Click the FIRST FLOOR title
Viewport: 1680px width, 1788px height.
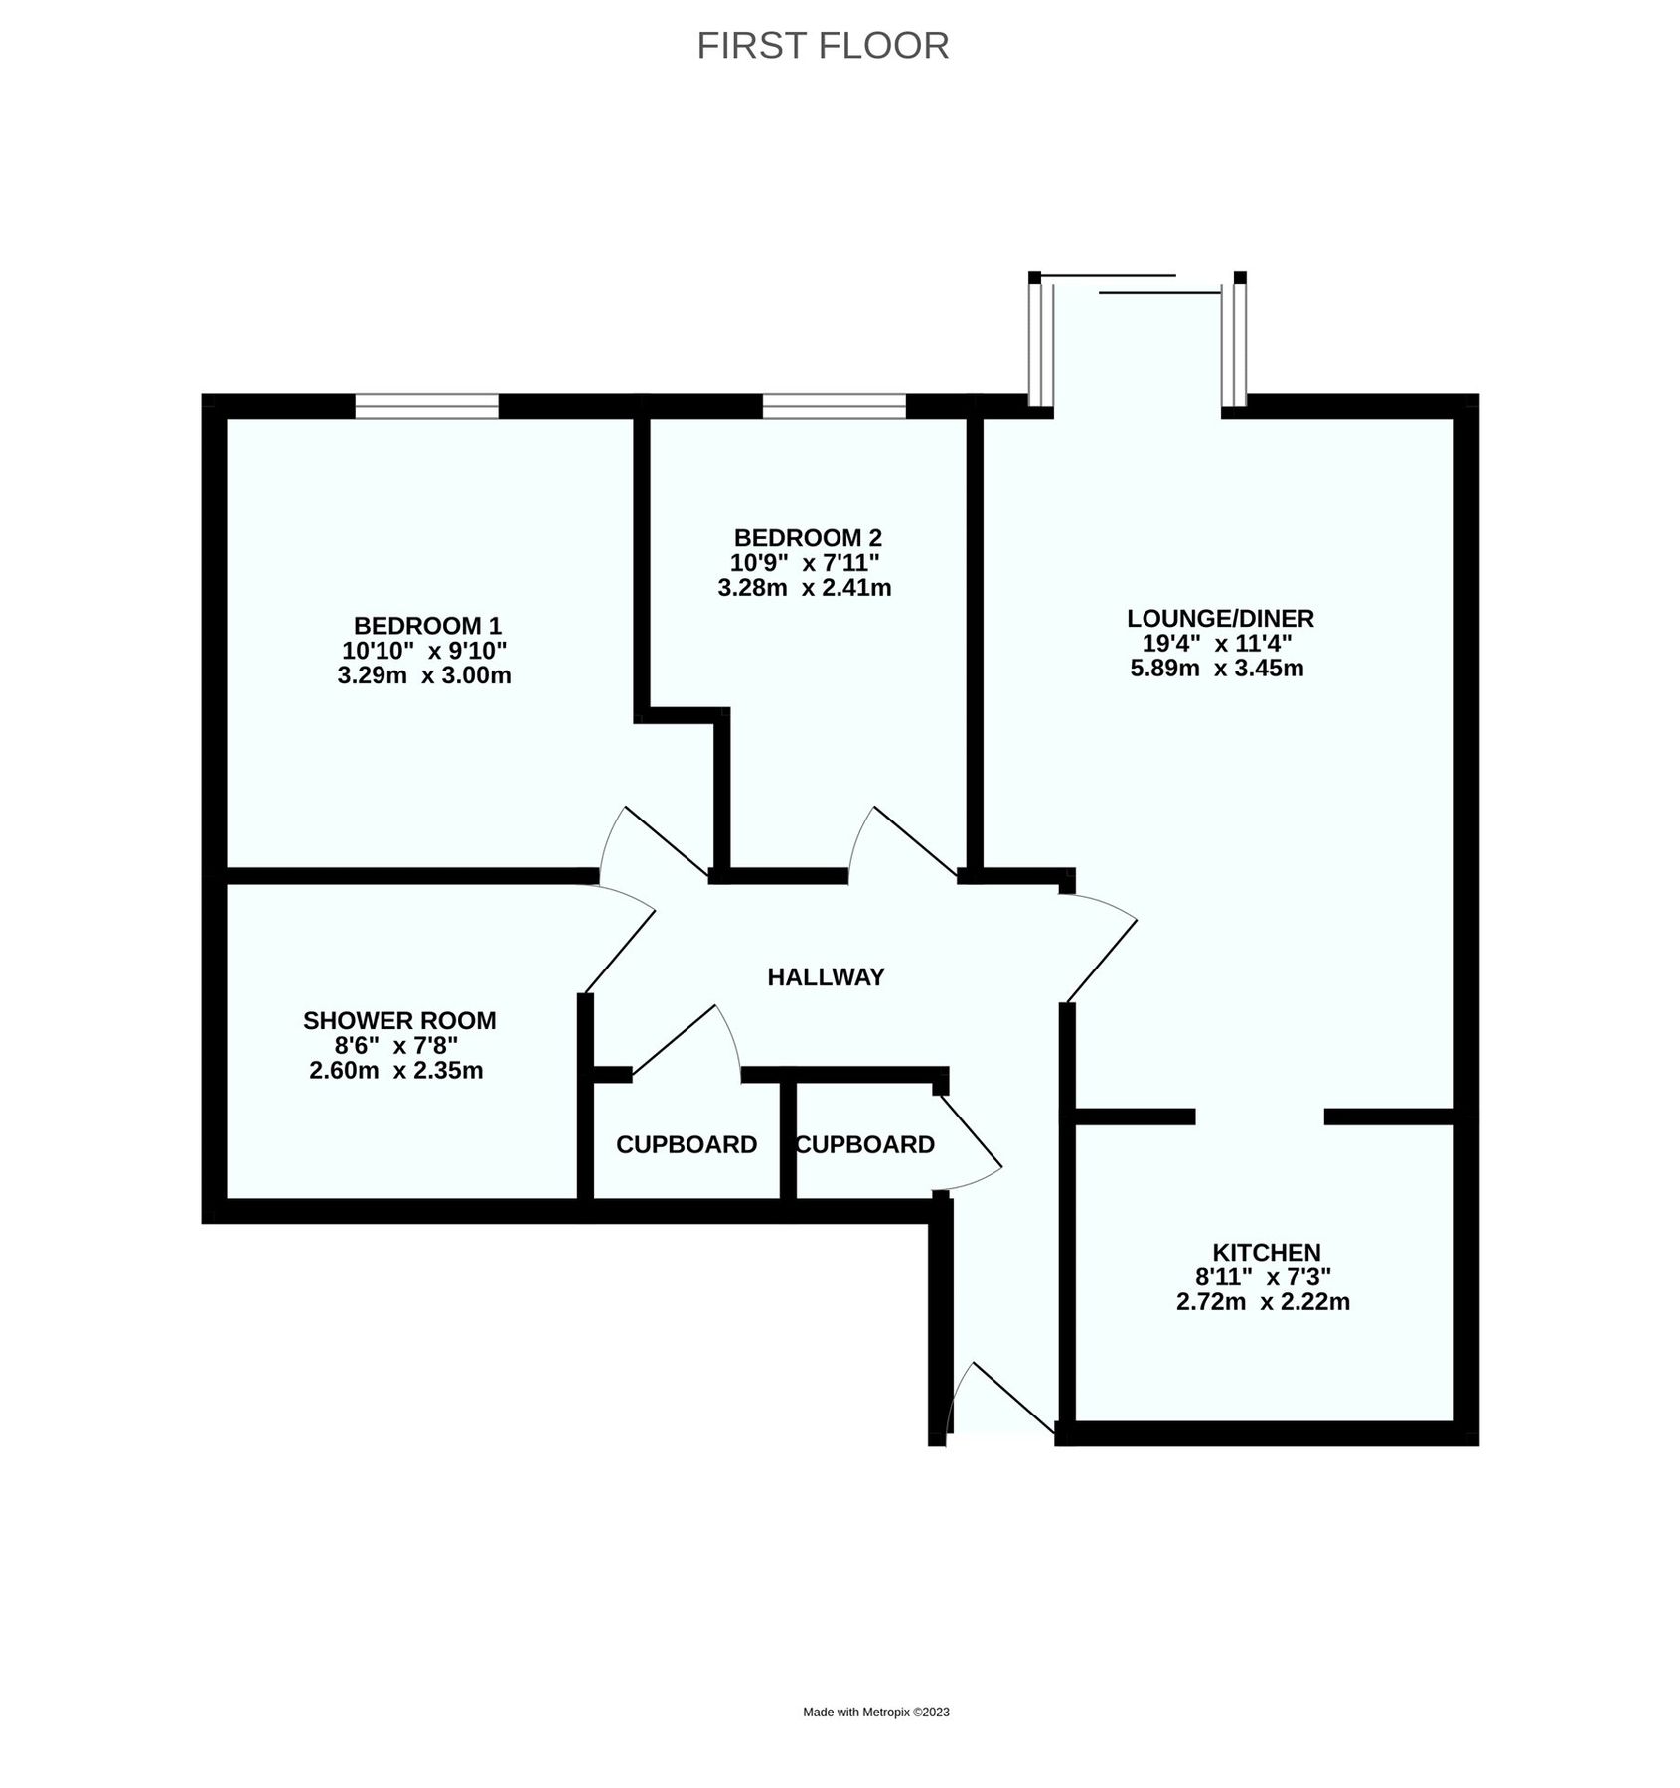pos(823,46)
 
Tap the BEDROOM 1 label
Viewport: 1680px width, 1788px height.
pos(427,626)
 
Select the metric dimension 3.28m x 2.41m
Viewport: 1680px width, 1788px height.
pos(804,588)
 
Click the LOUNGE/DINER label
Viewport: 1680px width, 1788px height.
pos(1220,618)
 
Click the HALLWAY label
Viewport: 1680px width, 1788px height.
pos(826,977)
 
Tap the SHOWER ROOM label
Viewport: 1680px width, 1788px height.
pos(399,1020)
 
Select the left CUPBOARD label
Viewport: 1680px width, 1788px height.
pos(687,1144)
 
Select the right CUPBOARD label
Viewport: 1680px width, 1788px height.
pos(865,1144)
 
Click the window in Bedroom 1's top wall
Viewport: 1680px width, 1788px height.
pos(427,406)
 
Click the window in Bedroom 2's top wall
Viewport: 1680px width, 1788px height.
pos(835,406)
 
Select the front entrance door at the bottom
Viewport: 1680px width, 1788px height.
pos(998,1402)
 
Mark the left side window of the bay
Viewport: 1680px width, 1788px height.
pos(1039,345)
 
